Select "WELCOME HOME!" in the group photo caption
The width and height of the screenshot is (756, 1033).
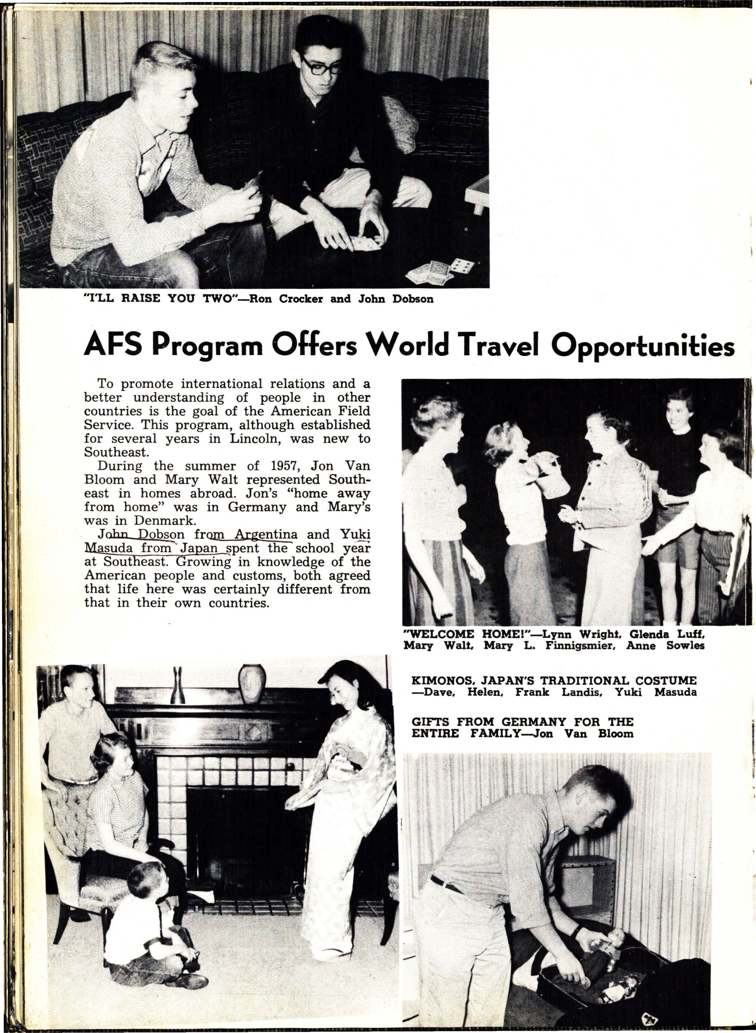click(x=440, y=634)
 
